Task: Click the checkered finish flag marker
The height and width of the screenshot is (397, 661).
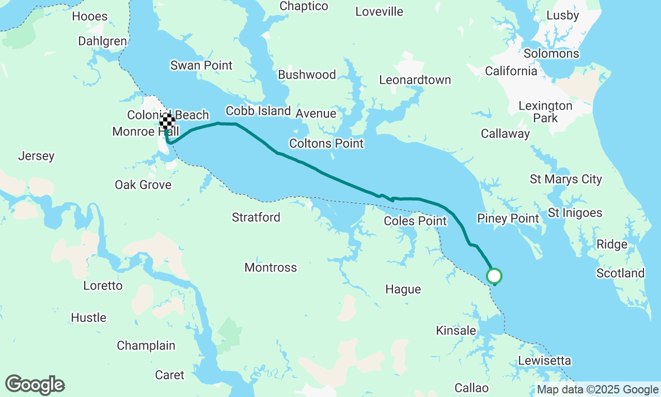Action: pyautogui.click(x=167, y=122)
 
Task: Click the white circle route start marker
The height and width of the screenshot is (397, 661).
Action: pyautogui.click(x=494, y=276)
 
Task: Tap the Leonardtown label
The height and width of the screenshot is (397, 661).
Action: pyautogui.click(x=415, y=80)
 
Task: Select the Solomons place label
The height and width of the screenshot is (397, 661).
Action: pyautogui.click(x=551, y=54)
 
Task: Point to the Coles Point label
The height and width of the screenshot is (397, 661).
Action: pyautogui.click(x=415, y=221)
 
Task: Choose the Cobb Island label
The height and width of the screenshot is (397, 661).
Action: pyautogui.click(x=258, y=111)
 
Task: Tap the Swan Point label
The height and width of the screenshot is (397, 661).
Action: pyautogui.click(x=201, y=66)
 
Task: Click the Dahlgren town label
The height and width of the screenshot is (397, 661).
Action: pyautogui.click(x=102, y=41)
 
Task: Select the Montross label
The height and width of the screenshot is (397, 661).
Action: pyautogui.click(x=271, y=268)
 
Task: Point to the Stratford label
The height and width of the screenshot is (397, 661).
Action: pyautogui.click(x=256, y=218)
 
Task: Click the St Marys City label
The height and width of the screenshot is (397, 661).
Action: pyautogui.click(x=566, y=179)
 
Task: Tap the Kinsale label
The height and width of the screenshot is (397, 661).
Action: pyautogui.click(x=456, y=330)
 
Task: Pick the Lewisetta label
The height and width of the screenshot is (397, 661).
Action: pyautogui.click(x=544, y=361)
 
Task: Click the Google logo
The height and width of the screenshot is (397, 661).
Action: pyautogui.click(x=35, y=385)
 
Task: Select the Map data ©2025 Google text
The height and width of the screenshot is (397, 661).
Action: pyautogui.click(x=597, y=390)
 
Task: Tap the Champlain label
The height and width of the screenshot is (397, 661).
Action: pyautogui.click(x=146, y=346)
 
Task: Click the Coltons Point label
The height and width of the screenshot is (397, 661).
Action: pyautogui.click(x=326, y=144)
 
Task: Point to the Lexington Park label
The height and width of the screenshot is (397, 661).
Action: pyautogui.click(x=545, y=112)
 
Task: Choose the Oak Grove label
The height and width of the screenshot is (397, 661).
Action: pyautogui.click(x=143, y=185)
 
